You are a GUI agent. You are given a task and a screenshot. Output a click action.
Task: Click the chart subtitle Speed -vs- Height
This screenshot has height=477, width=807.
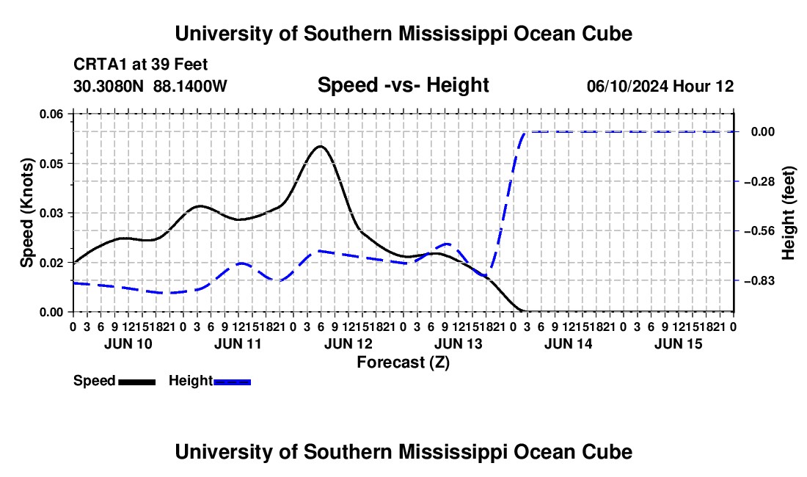coord(403,85)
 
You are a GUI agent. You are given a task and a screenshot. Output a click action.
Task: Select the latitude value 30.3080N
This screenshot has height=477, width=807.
coord(109,86)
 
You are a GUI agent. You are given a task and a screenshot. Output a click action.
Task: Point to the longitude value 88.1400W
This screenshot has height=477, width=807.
coord(190,86)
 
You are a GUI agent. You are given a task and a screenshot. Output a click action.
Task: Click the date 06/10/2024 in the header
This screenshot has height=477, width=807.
coord(627,86)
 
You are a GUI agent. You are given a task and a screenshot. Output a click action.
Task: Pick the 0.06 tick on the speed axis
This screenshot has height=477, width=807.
coord(51,114)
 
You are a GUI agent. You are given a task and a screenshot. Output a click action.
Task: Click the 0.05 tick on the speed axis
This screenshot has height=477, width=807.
coord(51,164)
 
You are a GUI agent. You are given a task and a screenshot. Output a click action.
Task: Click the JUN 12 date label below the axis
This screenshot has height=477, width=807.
coord(348,343)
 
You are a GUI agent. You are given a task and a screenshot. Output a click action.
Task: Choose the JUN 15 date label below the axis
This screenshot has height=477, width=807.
coord(679,343)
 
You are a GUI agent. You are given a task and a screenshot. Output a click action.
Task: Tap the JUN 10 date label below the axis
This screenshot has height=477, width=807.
coord(128,343)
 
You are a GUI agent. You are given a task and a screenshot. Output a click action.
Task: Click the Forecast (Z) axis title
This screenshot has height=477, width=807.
coord(403,363)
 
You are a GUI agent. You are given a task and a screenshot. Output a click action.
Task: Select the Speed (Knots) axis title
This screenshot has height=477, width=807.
coord(26,213)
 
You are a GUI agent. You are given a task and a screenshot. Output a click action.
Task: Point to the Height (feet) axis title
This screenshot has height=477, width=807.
coord(789,213)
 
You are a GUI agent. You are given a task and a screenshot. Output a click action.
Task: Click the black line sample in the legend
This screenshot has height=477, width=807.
coord(136,382)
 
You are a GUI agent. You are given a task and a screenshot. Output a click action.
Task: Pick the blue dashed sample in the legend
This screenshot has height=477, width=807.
coord(232,382)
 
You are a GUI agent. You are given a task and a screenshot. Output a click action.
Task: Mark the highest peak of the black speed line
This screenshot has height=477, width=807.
coord(320,146)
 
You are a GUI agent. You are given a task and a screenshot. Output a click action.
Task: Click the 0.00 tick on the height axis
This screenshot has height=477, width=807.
coord(763,132)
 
